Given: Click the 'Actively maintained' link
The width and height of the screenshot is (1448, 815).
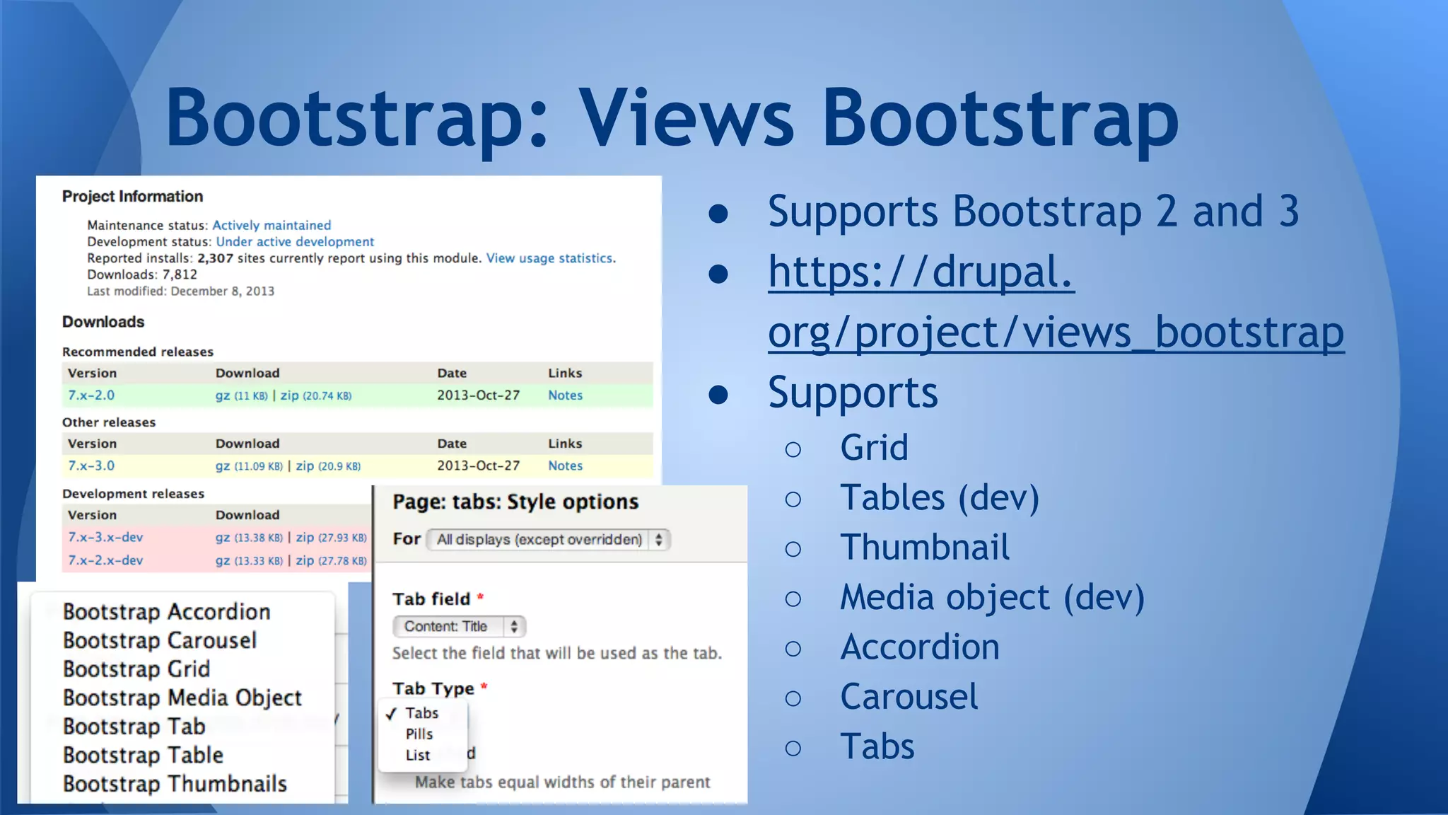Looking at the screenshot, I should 271,225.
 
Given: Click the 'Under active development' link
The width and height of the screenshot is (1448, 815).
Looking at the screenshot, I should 295,242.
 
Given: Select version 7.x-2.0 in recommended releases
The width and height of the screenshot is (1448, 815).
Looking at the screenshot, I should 91,395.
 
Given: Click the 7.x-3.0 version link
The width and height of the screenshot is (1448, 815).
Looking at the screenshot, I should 91,466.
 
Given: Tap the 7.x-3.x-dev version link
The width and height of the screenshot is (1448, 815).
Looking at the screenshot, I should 105,538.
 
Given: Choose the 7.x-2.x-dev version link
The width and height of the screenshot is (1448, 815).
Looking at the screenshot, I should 105,560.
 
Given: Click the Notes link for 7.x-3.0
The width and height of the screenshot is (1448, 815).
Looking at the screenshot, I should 565,466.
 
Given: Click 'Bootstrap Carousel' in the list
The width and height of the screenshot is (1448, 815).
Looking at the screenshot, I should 160,641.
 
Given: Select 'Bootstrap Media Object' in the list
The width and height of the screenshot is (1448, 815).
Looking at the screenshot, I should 182,698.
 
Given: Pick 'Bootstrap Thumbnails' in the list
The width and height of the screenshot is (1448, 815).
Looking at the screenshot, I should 175,784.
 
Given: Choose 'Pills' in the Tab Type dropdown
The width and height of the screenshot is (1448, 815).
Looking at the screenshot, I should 419,734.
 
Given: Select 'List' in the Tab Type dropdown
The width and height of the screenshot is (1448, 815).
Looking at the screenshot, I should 418,756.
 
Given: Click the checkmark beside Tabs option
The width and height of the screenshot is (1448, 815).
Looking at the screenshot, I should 391,714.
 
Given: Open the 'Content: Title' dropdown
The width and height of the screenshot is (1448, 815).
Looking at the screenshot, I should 459,627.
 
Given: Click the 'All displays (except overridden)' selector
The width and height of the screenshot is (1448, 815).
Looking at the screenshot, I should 549,540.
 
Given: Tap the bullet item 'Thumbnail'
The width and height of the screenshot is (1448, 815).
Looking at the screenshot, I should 925,548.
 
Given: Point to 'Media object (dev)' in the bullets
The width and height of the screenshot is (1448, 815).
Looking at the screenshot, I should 992,598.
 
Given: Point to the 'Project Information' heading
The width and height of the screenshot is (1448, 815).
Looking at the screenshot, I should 132,197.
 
